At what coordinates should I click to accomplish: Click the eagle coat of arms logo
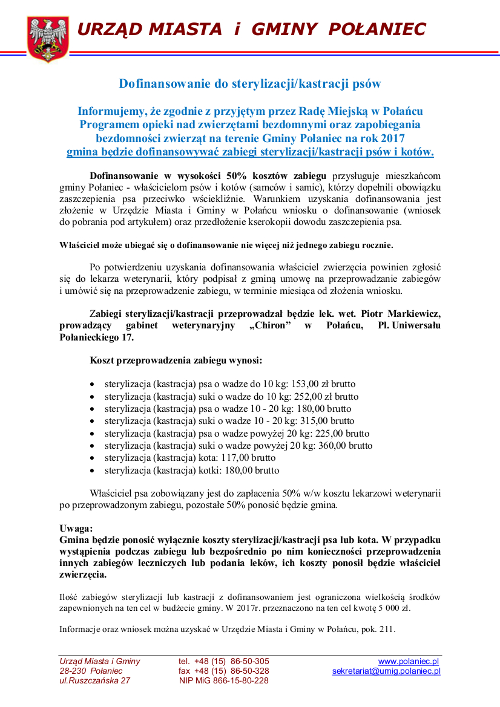click(x=48, y=39)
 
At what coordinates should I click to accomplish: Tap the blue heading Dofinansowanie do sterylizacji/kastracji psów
click(x=249, y=83)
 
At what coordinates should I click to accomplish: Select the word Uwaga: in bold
click(x=76, y=528)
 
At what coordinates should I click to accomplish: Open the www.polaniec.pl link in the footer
click(x=409, y=661)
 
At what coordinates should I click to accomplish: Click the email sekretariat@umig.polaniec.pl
click(x=386, y=671)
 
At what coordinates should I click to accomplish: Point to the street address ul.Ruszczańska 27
click(x=94, y=680)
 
